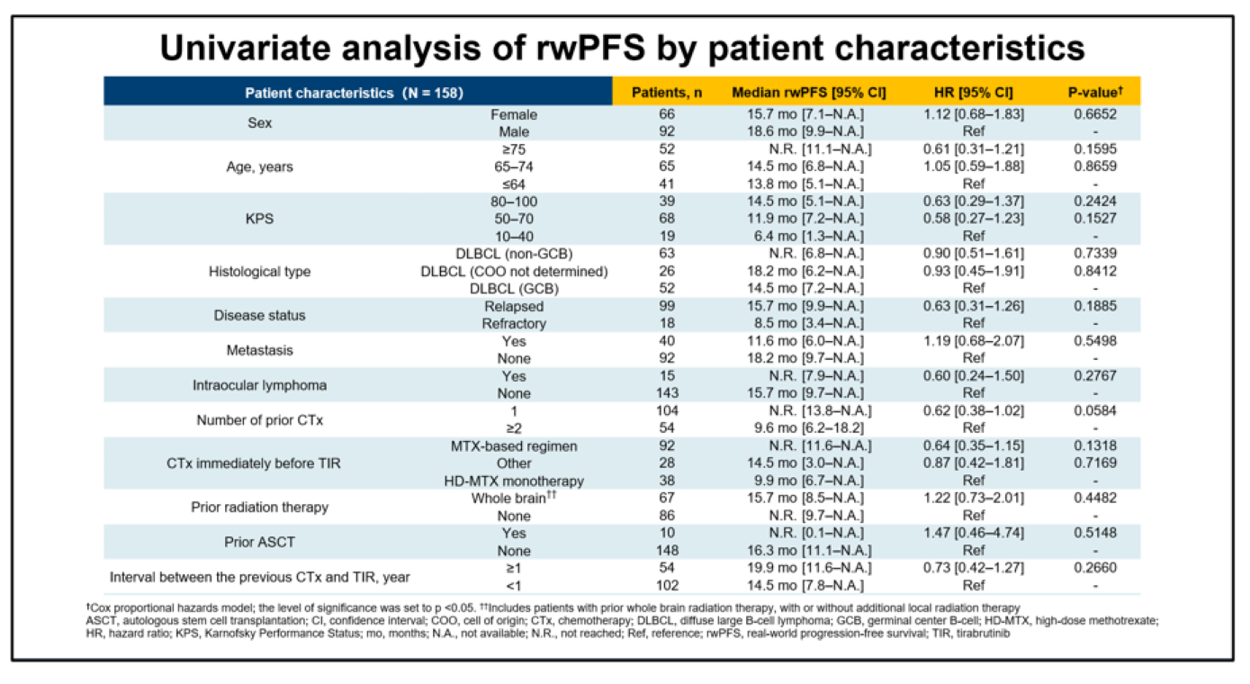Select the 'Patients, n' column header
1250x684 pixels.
click(666, 93)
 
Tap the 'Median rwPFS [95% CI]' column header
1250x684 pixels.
click(809, 93)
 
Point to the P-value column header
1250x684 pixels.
click(1094, 93)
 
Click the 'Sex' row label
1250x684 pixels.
click(260, 122)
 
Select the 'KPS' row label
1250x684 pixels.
click(260, 219)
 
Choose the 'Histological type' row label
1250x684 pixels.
click(260, 271)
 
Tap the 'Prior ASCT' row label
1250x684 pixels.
click(260, 542)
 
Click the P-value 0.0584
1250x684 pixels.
click(1095, 410)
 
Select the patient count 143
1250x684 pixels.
click(666, 393)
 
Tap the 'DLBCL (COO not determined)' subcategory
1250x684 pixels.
click(515, 271)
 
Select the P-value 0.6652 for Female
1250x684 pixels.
click(1095, 114)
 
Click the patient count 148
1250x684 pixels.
click(666, 550)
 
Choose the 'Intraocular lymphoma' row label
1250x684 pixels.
click(260, 384)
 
